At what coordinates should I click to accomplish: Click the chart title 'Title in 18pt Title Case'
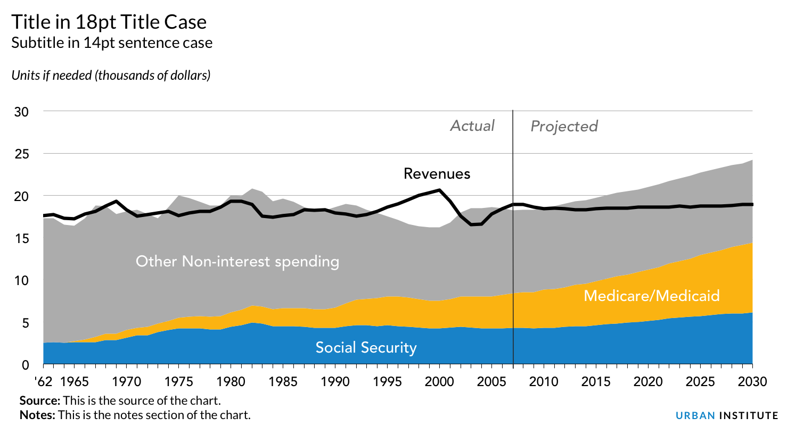click(109, 22)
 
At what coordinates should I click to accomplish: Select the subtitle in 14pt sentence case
click(112, 43)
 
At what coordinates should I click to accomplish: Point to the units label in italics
click(111, 76)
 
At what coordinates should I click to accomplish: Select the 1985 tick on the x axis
click(282, 381)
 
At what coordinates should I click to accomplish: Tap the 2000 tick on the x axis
click(439, 381)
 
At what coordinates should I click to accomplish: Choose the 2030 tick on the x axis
click(752, 381)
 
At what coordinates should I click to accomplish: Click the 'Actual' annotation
click(472, 126)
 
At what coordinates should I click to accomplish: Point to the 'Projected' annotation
click(564, 127)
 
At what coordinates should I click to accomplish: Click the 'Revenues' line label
click(437, 174)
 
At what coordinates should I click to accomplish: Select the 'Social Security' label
click(366, 348)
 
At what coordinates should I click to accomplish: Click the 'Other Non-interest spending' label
click(237, 262)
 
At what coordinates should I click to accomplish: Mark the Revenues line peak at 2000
click(439, 190)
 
